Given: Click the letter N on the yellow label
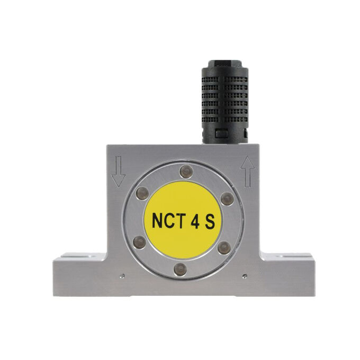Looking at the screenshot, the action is click(158, 221).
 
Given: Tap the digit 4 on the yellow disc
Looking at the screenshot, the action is click(195, 221).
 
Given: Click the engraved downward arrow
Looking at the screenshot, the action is click(118, 172).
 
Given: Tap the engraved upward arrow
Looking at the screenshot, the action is click(248, 172).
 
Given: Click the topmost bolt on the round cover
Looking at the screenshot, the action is click(186, 172).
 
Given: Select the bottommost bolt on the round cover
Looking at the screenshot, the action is click(180, 269).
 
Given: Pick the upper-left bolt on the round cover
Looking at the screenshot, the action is click(142, 193).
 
